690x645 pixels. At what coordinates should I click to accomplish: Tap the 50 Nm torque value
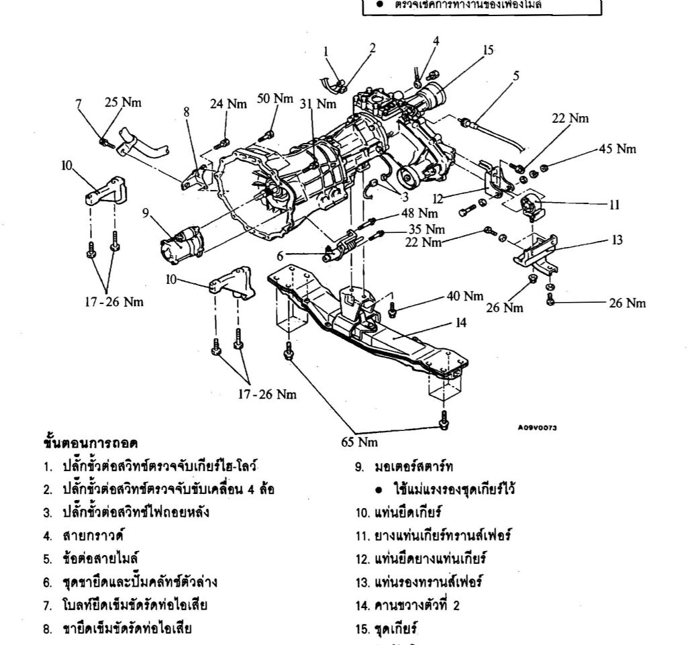(x=275, y=99)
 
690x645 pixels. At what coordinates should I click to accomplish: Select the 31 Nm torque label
(x=317, y=104)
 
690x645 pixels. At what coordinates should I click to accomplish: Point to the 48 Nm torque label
(x=420, y=213)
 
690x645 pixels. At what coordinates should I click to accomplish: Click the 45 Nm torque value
(x=618, y=149)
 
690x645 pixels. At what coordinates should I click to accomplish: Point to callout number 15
(x=488, y=50)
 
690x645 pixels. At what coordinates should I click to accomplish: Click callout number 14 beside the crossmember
(x=460, y=323)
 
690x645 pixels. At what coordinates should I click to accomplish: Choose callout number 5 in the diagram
(x=515, y=76)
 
